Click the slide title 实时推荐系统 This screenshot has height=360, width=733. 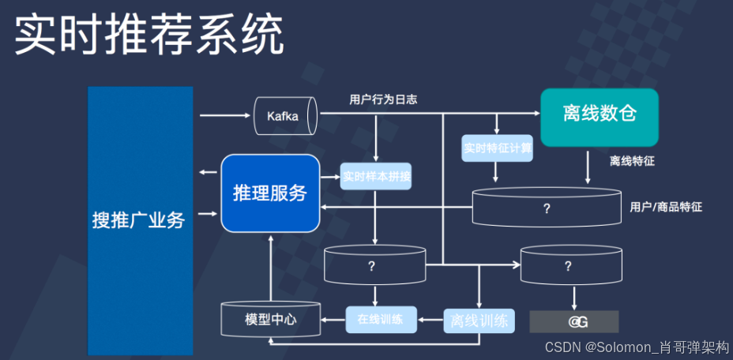(x=150, y=36)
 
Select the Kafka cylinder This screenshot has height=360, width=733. (x=284, y=116)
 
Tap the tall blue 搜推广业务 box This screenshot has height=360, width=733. (x=140, y=220)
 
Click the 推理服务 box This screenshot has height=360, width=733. (x=269, y=193)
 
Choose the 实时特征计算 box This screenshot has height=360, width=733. (x=498, y=148)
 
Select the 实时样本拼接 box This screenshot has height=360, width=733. (x=377, y=176)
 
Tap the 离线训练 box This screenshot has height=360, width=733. (x=479, y=321)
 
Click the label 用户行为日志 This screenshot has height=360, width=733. (x=383, y=100)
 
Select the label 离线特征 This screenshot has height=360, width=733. (x=632, y=161)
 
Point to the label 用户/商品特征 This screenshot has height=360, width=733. (x=666, y=207)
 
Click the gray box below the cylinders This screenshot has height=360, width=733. (x=573, y=321)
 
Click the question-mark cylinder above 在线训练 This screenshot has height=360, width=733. (x=374, y=266)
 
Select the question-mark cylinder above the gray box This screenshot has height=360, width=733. (x=570, y=266)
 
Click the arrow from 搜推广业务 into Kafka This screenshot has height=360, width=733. (x=224, y=116)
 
